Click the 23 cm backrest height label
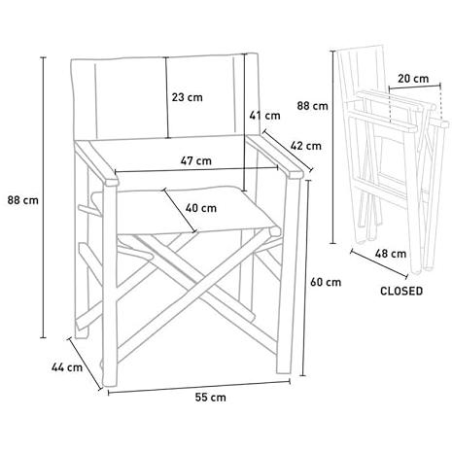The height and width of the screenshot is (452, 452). coord(187,97)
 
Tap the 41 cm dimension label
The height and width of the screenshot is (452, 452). coord(264,116)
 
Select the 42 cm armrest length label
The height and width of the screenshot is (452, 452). coord(305,146)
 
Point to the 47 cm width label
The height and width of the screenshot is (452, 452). coord(195,160)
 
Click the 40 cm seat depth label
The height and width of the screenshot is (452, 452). coord(201,208)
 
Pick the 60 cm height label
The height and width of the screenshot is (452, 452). coord(326,282)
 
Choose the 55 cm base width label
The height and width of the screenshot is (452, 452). coord(210,398)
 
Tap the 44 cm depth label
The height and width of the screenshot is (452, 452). coord(67,367)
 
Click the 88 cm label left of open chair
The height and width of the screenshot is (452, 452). coord(22,200)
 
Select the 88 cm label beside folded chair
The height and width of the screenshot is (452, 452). coord(313,106)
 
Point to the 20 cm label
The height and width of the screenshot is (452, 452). coord(413,79)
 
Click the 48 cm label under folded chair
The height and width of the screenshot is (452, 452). coord(391,254)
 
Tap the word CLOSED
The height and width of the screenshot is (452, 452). coord(401,291)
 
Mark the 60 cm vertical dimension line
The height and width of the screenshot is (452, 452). coord(303,278)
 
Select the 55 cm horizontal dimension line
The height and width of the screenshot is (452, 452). coord(199,387)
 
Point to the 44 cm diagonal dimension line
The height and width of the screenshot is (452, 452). coord(85,364)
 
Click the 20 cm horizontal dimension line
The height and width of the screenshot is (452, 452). coord(414,87)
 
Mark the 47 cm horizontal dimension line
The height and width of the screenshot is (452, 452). coord(196,169)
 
